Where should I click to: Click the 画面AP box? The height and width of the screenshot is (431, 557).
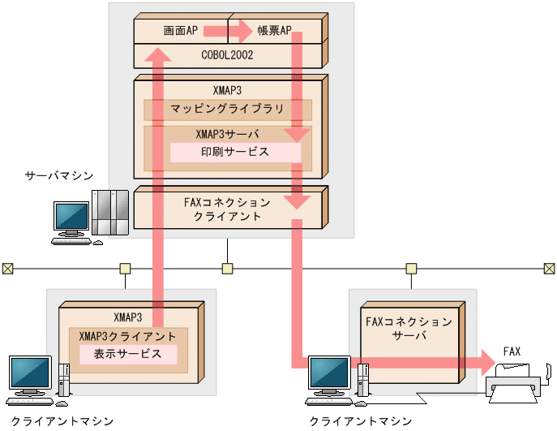[x=180, y=30]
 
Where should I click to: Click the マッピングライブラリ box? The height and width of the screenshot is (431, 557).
[x=227, y=109]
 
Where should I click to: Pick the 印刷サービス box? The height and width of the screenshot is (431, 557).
[x=235, y=152]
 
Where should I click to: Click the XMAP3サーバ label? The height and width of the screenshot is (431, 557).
[x=227, y=134]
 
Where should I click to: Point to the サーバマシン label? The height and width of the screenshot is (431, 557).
[x=58, y=175]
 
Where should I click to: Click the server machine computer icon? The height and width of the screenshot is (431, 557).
[x=89, y=216]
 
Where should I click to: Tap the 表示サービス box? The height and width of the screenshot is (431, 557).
[x=128, y=354]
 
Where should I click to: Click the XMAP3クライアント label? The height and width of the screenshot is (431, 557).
[x=127, y=336]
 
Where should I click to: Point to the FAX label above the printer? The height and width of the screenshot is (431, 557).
[x=512, y=351]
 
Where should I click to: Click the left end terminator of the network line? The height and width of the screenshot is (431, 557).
[x=7, y=268]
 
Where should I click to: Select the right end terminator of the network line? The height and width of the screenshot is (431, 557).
[x=549, y=268]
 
